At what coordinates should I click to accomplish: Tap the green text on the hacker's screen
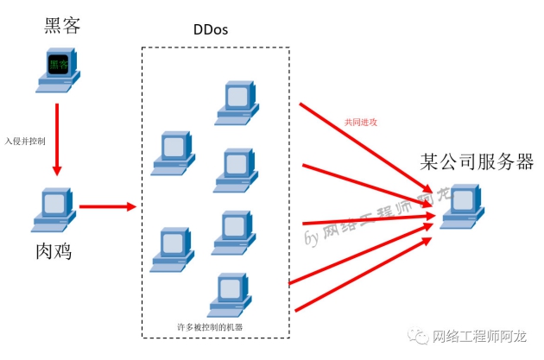pos(59,64)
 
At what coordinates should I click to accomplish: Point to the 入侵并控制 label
pos(25,140)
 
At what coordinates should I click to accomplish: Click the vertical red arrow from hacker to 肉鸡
pos(57,138)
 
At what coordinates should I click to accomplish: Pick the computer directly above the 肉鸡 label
pos(55,209)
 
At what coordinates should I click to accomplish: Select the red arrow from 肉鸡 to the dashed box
pos(108,207)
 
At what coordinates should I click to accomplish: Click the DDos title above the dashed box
pos(212,29)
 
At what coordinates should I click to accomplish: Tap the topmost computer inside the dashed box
pos(237,102)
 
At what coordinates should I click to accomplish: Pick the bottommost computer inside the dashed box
pos(231,296)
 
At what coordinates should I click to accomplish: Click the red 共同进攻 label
pos(362,123)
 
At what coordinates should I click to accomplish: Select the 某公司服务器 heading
pos(477,161)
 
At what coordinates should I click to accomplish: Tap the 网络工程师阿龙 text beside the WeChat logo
pos(484,337)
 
